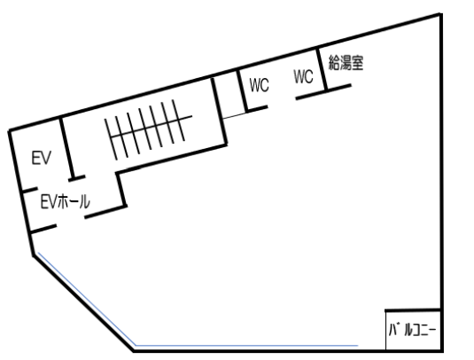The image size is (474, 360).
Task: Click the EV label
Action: click(x=42, y=158)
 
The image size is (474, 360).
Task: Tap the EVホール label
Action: click(x=66, y=201)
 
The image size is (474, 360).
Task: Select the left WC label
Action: click(x=259, y=85)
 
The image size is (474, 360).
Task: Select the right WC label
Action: click(x=303, y=76)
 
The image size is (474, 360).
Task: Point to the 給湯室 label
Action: click(x=346, y=63)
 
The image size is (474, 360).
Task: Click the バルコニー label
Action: click(x=412, y=330)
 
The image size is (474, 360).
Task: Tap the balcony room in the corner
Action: click(x=413, y=331)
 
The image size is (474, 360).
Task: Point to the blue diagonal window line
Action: click(x=87, y=299)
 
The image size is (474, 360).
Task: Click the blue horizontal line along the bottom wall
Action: click(x=247, y=345)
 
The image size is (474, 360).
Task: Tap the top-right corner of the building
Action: click(x=441, y=14)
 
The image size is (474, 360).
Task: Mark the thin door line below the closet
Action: click(x=235, y=115)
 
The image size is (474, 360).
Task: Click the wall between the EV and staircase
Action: click(x=67, y=148)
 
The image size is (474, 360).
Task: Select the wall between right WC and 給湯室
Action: click(x=322, y=69)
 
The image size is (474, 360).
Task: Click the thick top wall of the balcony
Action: click(x=412, y=310)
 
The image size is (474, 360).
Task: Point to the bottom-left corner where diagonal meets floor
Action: click(x=134, y=351)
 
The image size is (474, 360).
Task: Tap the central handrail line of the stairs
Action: click(x=151, y=127)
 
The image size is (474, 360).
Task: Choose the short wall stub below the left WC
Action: click(x=257, y=108)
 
